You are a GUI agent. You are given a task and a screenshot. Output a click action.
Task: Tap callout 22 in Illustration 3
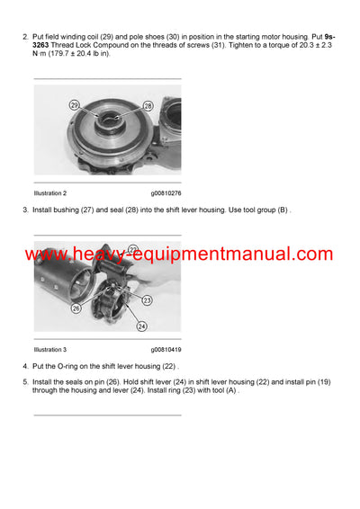132,249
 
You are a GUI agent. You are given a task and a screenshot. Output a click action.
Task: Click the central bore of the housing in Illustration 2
112,118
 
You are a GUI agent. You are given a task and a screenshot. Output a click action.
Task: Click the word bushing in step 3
66,210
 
